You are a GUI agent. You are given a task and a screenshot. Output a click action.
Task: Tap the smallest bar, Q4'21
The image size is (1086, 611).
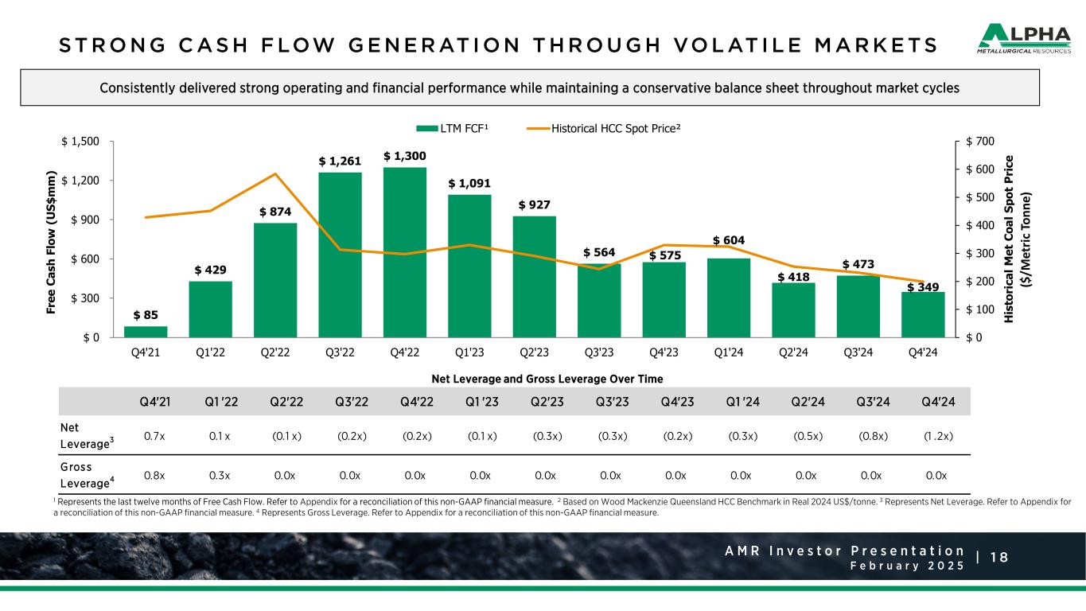click(x=146, y=331)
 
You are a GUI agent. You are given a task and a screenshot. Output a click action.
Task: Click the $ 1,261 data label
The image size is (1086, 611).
click(x=340, y=161)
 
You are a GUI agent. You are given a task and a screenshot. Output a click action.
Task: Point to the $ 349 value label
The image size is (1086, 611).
click(x=923, y=286)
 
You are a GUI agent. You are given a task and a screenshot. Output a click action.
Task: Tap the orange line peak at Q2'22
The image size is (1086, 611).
click(x=275, y=174)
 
